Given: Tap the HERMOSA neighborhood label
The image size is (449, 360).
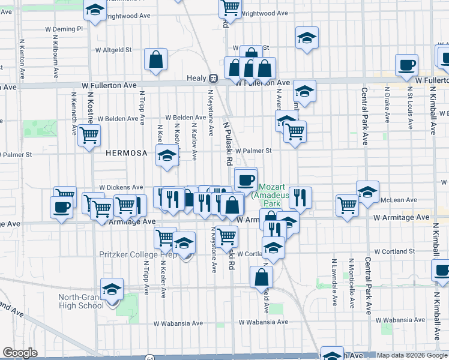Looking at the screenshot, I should (126, 153).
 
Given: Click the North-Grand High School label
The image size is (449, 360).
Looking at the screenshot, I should (81, 301).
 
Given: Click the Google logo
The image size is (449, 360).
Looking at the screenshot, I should (20, 353).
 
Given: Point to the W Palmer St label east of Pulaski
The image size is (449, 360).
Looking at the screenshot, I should (253, 151).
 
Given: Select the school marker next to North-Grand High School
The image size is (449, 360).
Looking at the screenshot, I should (111, 289).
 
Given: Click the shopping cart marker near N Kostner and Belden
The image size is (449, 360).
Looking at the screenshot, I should (89, 136).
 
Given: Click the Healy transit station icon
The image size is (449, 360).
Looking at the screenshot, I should (212, 78).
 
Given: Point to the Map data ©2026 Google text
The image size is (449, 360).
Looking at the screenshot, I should (412, 355).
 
